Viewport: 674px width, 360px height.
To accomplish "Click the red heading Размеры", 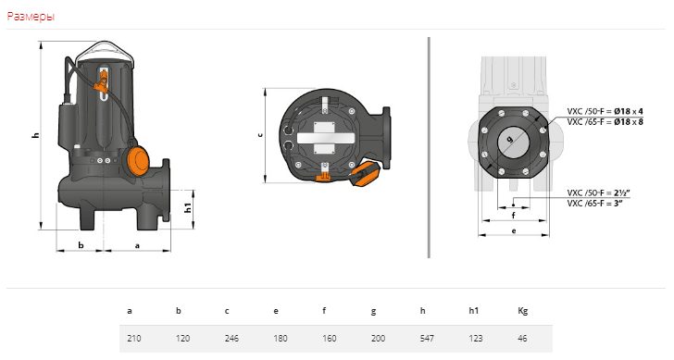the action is [x=31, y=17].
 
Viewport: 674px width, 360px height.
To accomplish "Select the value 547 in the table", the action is [x=427, y=339].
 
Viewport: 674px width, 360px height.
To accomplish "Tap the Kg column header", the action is [x=523, y=311].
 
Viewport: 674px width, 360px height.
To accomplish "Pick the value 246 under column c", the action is [x=231, y=339].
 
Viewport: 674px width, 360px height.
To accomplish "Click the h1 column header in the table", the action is [x=473, y=311].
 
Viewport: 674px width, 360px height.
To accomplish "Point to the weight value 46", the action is [x=522, y=339].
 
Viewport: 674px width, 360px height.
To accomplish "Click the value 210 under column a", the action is [x=134, y=339].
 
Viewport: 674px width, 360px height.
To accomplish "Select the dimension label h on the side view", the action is [x=36, y=135].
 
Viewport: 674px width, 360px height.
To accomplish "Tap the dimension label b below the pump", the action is [x=81, y=245].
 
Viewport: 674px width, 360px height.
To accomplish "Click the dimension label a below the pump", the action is [x=138, y=246].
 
